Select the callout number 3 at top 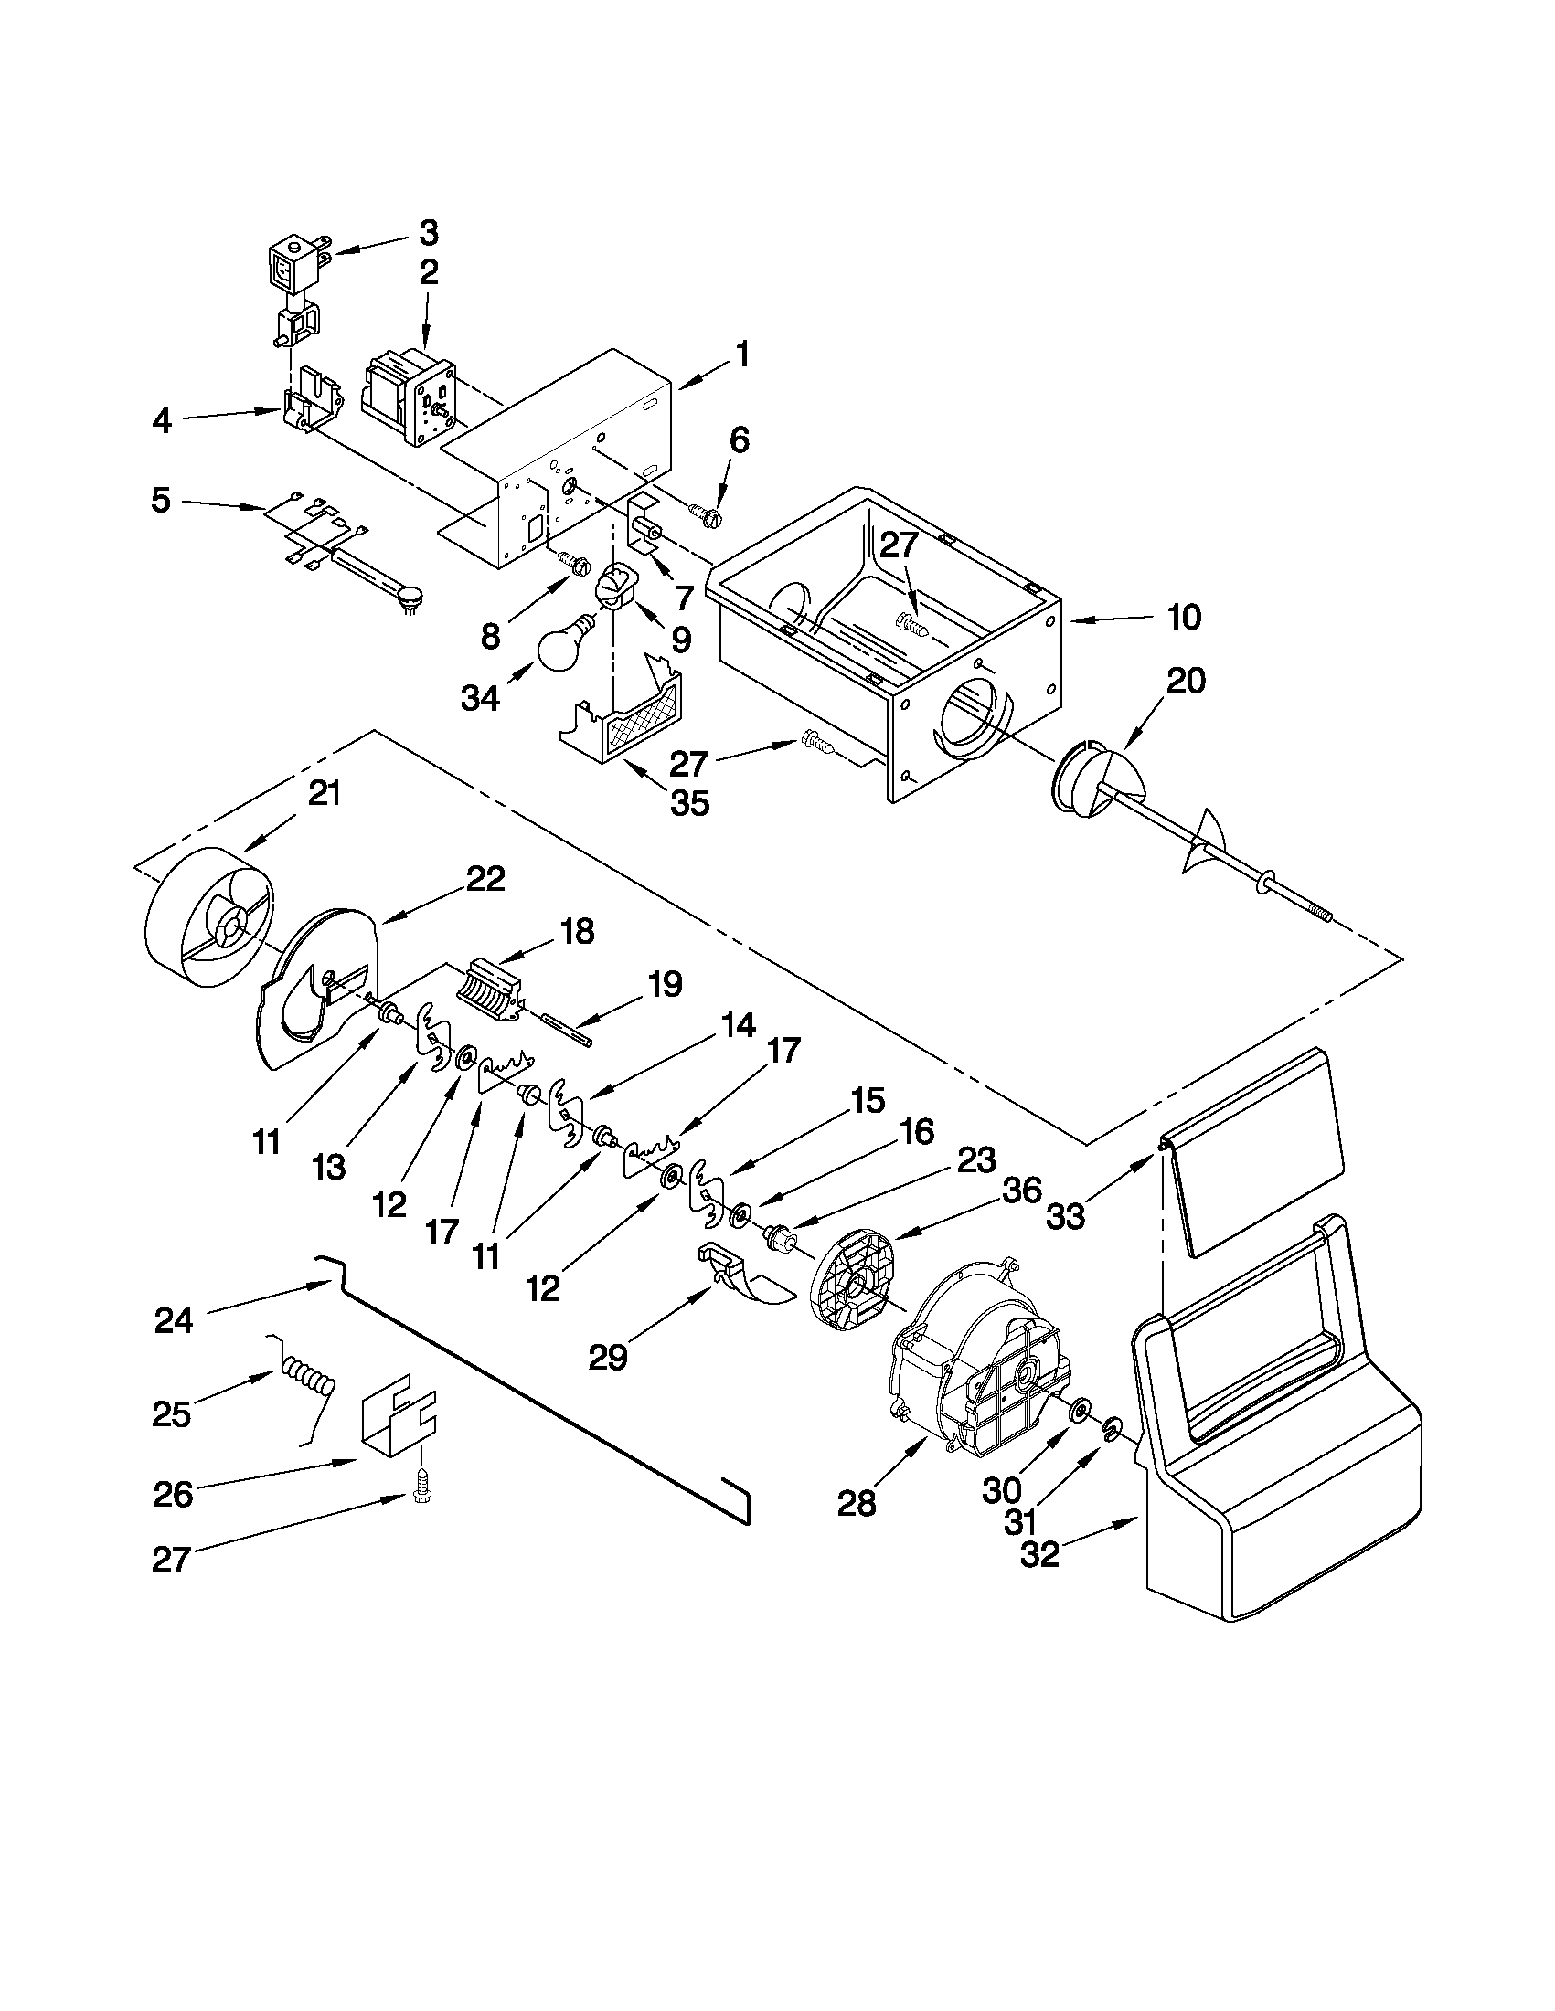click(430, 234)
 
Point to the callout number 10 click(1185, 617)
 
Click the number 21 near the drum click(324, 794)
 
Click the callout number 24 click(174, 1320)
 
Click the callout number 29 click(608, 1357)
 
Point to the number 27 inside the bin click(900, 545)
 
